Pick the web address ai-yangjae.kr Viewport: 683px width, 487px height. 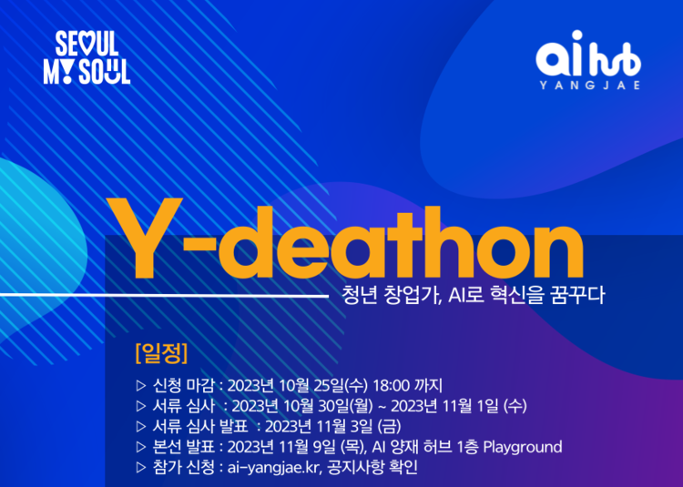[x=272, y=467]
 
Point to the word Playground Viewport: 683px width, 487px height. [x=522, y=447]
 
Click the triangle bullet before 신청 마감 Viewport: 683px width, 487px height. [x=139, y=384]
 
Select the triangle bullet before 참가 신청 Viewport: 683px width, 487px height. [x=139, y=468]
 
